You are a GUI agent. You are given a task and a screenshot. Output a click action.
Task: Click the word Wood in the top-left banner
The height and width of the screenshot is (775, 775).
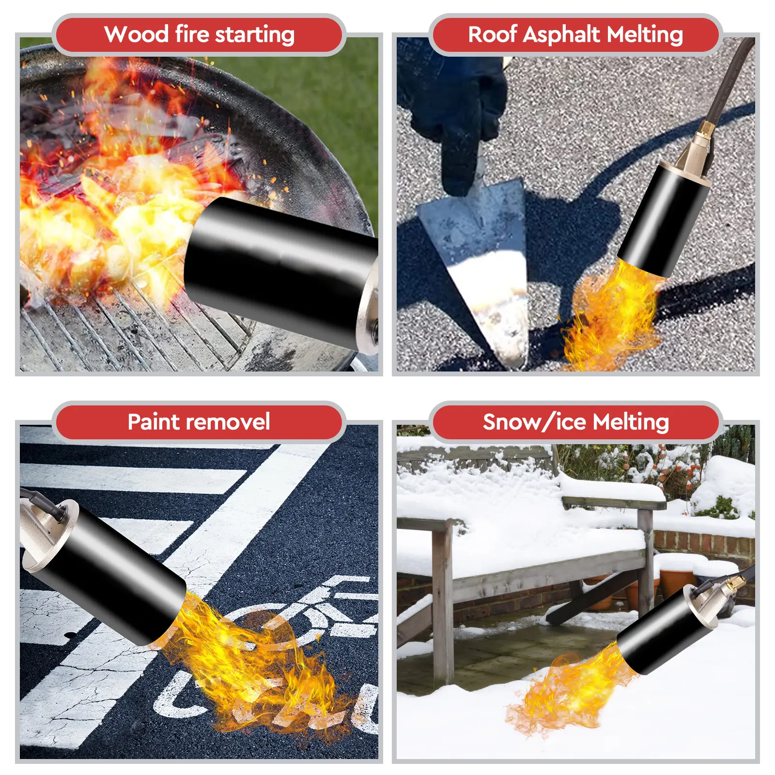pos(136,34)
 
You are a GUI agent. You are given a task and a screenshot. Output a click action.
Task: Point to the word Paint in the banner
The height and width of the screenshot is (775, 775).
pos(154,422)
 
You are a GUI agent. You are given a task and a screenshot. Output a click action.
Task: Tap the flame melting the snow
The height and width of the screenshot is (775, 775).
pos(572,688)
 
